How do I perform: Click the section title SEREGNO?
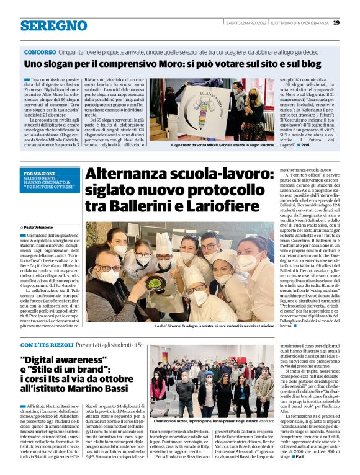click(x=54, y=26)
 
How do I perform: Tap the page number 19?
click(x=336, y=23)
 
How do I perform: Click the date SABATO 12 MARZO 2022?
click(x=246, y=23)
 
